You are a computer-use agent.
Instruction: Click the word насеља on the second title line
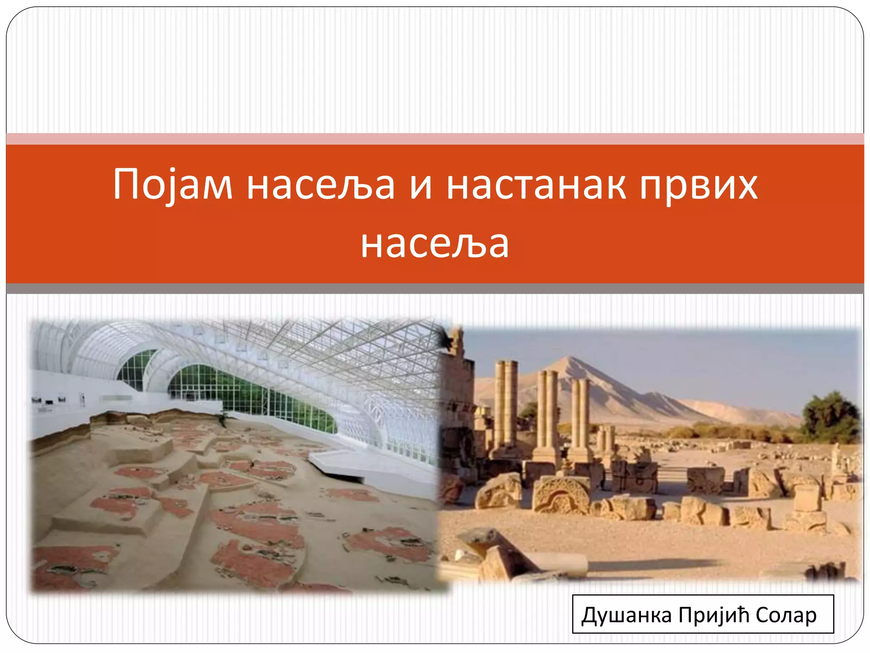[435, 244]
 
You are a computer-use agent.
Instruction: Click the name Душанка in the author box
[627, 615]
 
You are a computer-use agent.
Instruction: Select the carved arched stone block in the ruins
[561, 495]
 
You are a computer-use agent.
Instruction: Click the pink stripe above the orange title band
[435, 139]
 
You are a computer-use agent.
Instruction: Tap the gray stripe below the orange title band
[435, 289]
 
